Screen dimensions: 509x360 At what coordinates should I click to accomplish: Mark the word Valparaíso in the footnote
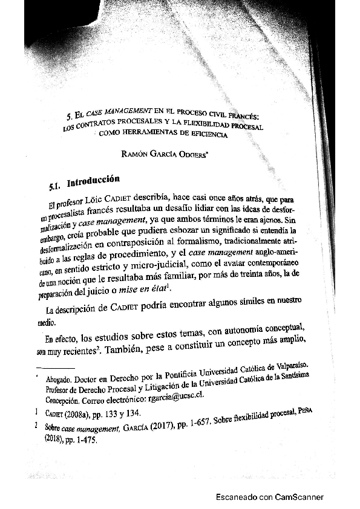tap(286, 369)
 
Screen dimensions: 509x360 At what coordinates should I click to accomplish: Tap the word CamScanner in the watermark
tap(299, 497)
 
